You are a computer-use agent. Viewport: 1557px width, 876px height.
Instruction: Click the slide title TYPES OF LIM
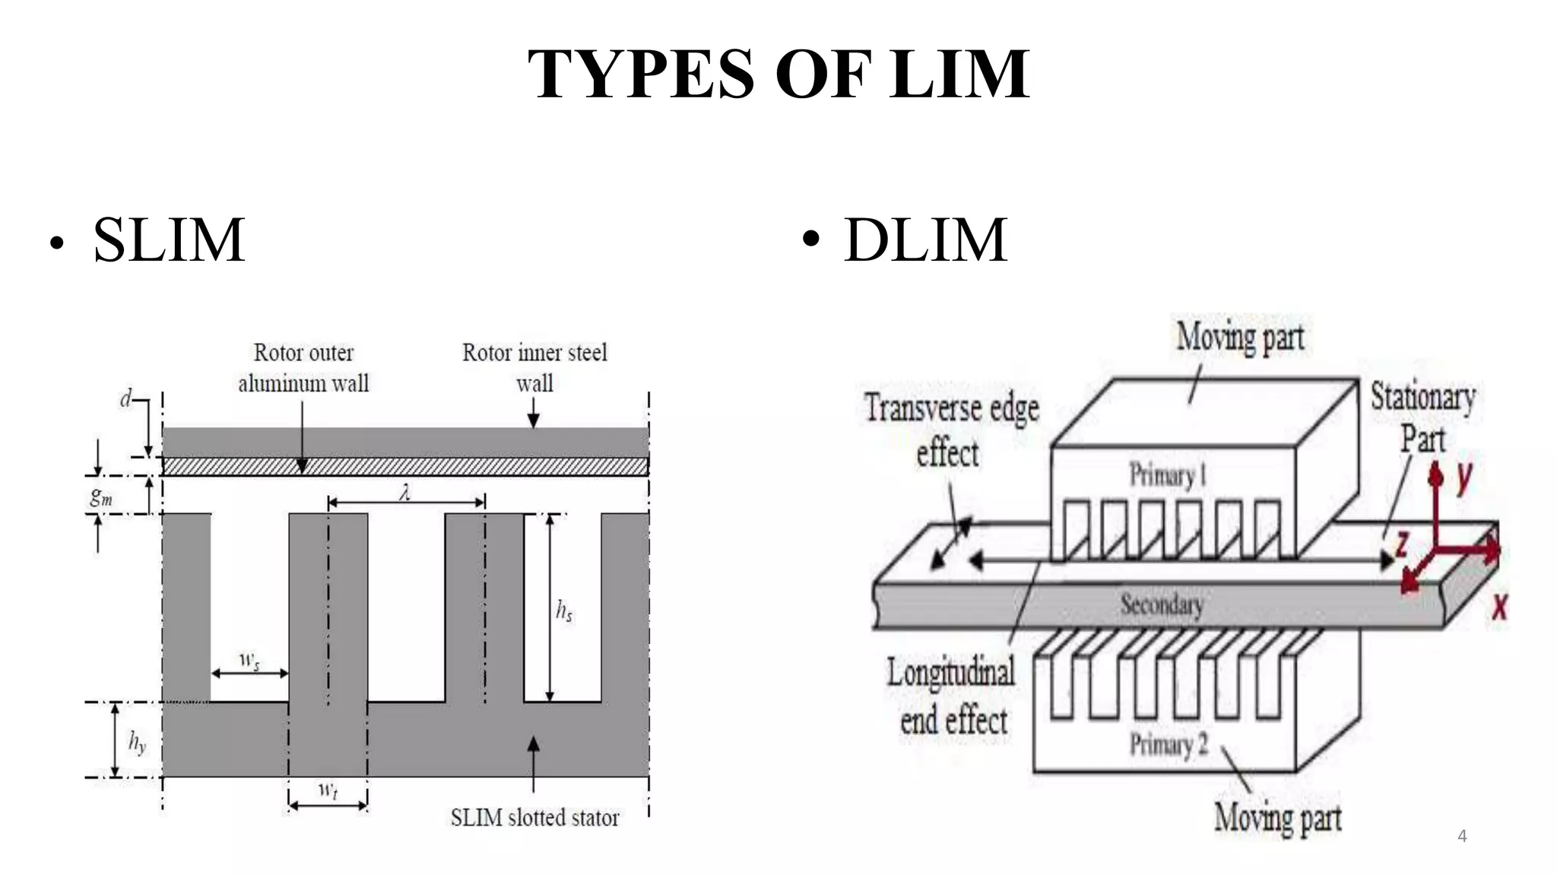(778, 74)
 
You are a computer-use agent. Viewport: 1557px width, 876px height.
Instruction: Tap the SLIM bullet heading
(169, 240)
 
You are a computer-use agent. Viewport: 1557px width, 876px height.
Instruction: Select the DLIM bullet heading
(925, 240)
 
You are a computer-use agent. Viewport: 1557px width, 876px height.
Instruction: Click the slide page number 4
(1462, 836)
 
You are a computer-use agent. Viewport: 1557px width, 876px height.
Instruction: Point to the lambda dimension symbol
(405, 493)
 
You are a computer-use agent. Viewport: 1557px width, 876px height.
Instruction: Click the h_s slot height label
(564, 610)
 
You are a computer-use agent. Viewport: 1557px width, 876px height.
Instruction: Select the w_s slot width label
(249, 660)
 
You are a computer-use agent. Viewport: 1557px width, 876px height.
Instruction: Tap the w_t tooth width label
(328, 790)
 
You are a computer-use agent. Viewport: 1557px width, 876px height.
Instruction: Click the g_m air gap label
(101, 497)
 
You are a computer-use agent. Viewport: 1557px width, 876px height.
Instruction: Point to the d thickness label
(126, 398)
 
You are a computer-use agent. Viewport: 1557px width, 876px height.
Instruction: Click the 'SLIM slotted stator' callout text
(534, 818)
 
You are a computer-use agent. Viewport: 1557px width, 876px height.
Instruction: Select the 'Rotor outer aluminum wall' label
(303, 367)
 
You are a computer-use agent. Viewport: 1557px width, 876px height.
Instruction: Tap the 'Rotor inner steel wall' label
(534, 367)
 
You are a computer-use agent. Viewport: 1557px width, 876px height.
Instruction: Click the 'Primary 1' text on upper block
(1167, 475)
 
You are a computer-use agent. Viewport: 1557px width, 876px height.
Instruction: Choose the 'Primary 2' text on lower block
(1169, 744)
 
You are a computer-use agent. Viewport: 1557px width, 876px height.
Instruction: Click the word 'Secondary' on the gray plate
(1162, 605)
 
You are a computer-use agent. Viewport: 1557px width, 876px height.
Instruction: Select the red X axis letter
(1498, 607)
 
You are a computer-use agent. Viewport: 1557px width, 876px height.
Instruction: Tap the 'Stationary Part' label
(1422, 417)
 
